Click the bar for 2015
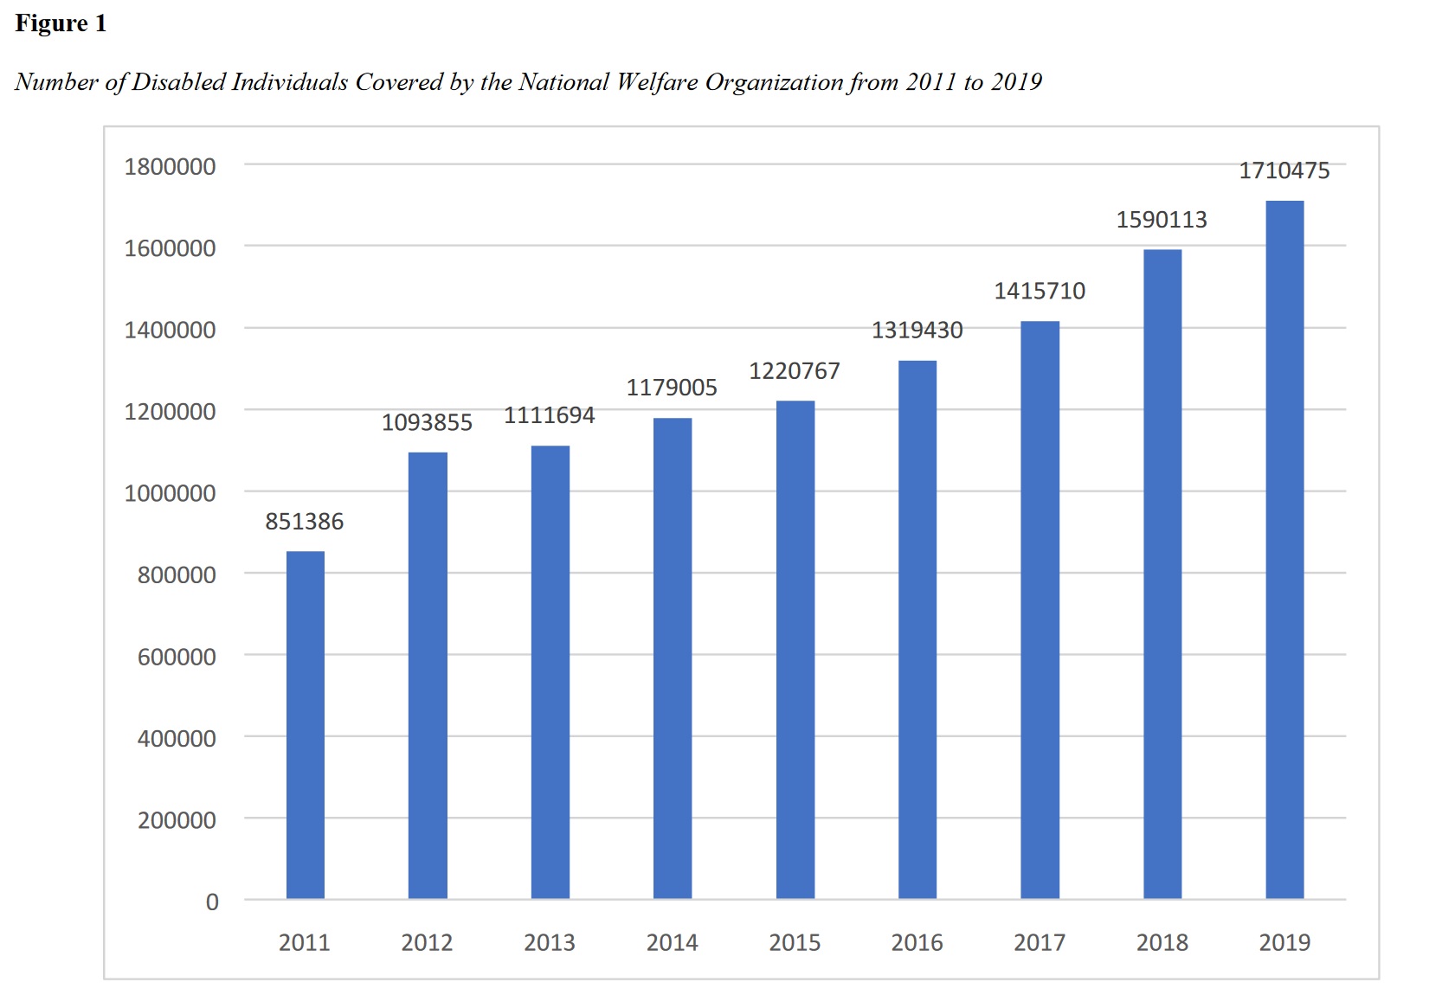pos(795,650)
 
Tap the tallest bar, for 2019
pos(1284,549)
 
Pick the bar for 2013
pos(550,672)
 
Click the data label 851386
pos(305,522)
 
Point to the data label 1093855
pos(427,423)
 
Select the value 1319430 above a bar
pos(917,331)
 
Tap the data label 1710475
pos(1284,170)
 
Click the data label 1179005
pos(672,388)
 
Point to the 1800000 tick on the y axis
pos(170,166)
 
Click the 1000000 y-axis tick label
pos(170,493)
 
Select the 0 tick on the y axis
pos(212,902)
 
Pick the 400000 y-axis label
pos(177,738)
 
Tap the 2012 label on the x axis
pos(427,942)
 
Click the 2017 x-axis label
pos(1040,942)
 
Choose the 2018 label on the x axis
pos(1162,942)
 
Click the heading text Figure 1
pos(61,23)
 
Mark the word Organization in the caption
pos(774,82)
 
